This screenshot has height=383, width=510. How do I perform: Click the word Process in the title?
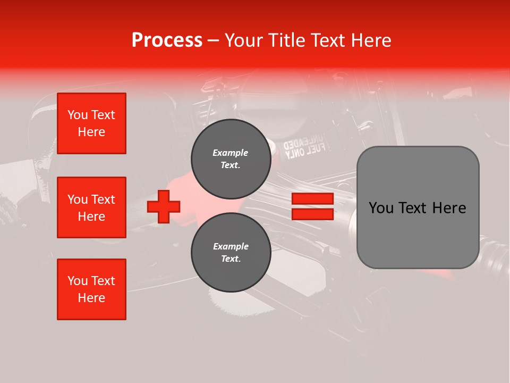pyautogui.click(x=167, y=40)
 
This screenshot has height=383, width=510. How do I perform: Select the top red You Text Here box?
pyautogui.click(x=91, y=123)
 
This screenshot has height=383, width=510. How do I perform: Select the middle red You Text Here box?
pyautogui.click(x=91, y=207)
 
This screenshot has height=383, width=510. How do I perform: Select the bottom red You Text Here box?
pyautogui.click(x=91, y=289)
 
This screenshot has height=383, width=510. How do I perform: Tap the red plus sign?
pyautogui.click(x=164, y=206)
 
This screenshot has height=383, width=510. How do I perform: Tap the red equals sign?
pyautogui.click(x=312, y=206)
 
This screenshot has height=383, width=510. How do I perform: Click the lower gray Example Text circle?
pyautogui.click(x=231, y=253)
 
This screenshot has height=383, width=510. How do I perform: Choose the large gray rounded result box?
pyautogui.click(x=418, y=207)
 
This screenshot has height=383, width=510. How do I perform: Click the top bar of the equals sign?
pyautogui.click(x=312, y=199)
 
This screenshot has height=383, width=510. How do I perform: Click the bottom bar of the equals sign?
pyautogui.click(x=312, y=214)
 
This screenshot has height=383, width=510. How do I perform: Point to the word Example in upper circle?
pyautogui.click(x=231, y=153)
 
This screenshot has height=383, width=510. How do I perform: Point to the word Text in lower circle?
pyautogui.click(x=231, y=259)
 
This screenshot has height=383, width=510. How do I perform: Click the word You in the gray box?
pyautogui.click(x=380, y=208)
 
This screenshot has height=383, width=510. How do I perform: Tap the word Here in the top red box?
pyautogui.click(x=91, y=132)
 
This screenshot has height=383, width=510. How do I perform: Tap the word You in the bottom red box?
pyautogui.click(x=78, y=281)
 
